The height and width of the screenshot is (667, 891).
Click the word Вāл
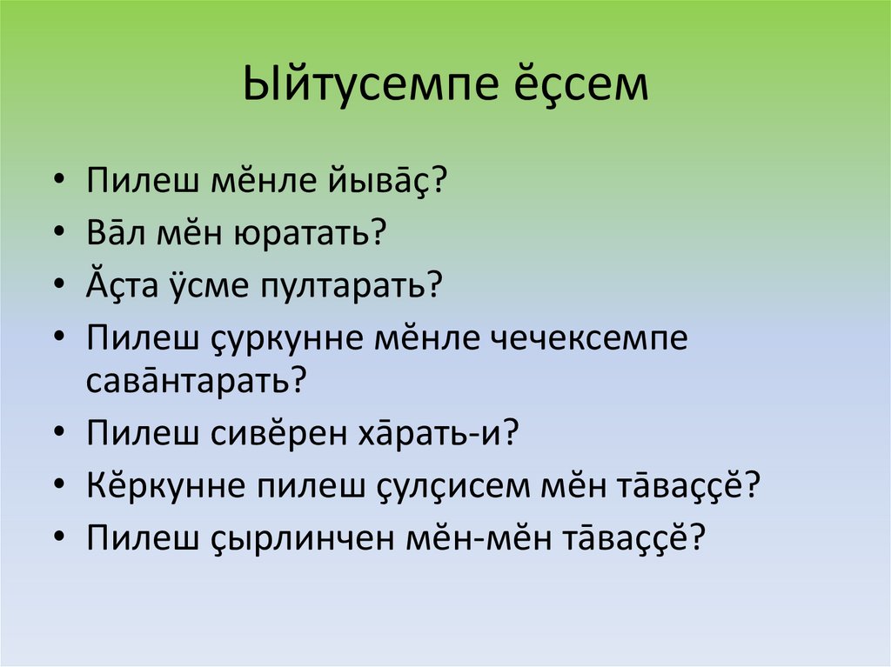[x=117, y=233]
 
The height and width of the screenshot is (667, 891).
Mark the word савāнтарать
[x=197, y=381]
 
